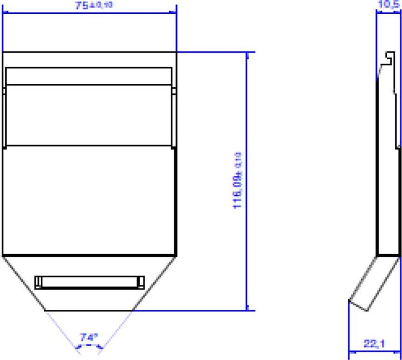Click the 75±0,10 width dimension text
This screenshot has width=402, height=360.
pyautogui.click(x=93, y=6)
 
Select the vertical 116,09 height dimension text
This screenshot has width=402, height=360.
pyautogui.click(x=238, y=180)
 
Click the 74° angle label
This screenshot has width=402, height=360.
pyautogui.click(x=88, y=337)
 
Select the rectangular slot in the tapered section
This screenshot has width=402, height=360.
pyautogui.click(x=89, y=282)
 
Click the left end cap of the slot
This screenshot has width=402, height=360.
pyautogui.click(x=38, y=282)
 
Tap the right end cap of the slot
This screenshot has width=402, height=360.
pyautogui.click(x=140, y=282)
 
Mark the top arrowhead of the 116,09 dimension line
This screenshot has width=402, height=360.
pyautogui.click(x=247, y=55)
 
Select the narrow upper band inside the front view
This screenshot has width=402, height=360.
pyautogui.click(x=88, y=76)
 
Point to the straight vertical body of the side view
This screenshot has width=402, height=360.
pyautogui.click(x=389, y=167)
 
